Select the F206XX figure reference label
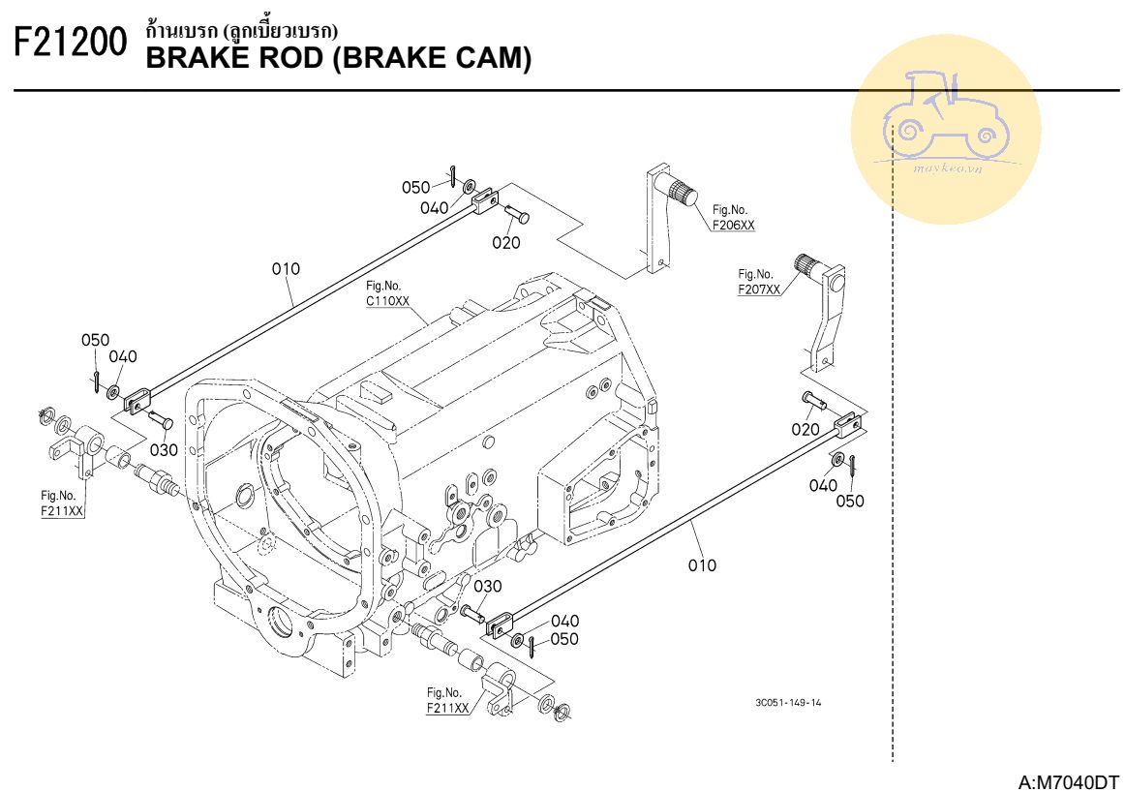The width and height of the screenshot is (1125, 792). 733,225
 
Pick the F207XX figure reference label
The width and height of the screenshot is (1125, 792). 758,289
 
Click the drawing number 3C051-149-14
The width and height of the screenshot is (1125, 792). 788,703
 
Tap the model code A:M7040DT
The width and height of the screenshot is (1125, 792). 1069,780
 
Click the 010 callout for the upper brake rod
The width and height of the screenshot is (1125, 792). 286,269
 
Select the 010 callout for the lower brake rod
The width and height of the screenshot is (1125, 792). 702,565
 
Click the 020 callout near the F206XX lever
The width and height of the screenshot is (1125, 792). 505,243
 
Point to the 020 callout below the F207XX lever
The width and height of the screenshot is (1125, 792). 806,429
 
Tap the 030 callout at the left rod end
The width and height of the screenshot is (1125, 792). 164,450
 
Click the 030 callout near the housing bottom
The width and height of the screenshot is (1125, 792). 488,586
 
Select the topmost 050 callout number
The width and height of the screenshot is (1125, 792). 416,187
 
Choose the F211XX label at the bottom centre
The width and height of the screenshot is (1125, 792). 447,708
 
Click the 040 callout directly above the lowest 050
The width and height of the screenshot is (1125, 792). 565,621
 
